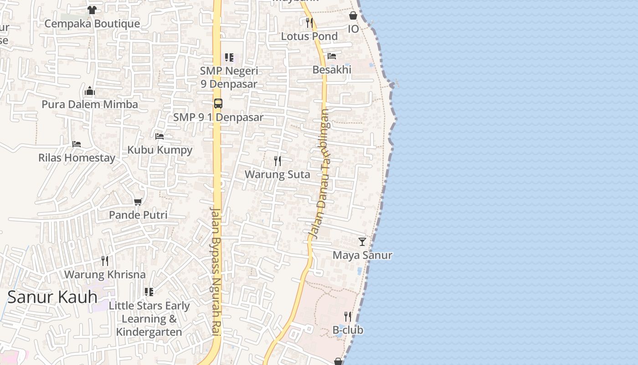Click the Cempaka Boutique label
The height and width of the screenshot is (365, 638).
(x=92, y=24)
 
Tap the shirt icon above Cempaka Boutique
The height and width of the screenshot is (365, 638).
(x=92, y=10)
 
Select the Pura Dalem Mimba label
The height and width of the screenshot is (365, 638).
(x=90, y=104)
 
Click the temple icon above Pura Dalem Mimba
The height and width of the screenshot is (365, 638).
(x=90, y=91)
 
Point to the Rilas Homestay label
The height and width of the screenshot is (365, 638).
(x=77, y=158)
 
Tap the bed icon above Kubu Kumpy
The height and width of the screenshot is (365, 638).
(x=159, y=136)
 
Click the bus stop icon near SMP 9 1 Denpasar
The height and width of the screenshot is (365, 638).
(x=218, y=104)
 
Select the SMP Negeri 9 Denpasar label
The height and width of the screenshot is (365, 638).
(x=229, y=78)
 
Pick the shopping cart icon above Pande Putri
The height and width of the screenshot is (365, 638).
(x=138, y=201)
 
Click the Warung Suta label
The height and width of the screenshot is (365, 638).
(x=277, y=174)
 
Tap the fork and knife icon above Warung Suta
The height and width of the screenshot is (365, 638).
(x=277, y=161)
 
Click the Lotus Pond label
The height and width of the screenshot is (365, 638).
(x=309, y=36)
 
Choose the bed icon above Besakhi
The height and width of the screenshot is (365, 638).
(x=332, y=56)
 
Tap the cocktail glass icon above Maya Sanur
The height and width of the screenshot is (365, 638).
(x=362, y=241)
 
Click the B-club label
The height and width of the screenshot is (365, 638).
(x=348, y=330)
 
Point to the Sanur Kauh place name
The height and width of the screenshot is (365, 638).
(x=52, y=297)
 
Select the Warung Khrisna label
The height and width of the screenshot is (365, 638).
(x=105, y=275)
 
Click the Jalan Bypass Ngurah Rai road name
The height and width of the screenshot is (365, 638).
(x=216, y=271)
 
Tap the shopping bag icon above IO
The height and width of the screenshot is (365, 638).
(x=353, y=16)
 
